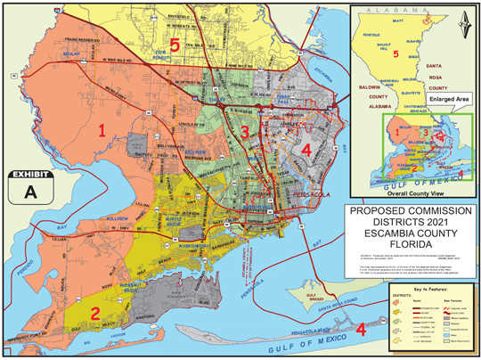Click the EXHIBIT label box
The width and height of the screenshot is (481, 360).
(x=32, y=178)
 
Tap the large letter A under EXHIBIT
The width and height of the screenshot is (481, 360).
(x=32, y=192)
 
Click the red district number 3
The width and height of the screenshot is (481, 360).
(x=243, y=133)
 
